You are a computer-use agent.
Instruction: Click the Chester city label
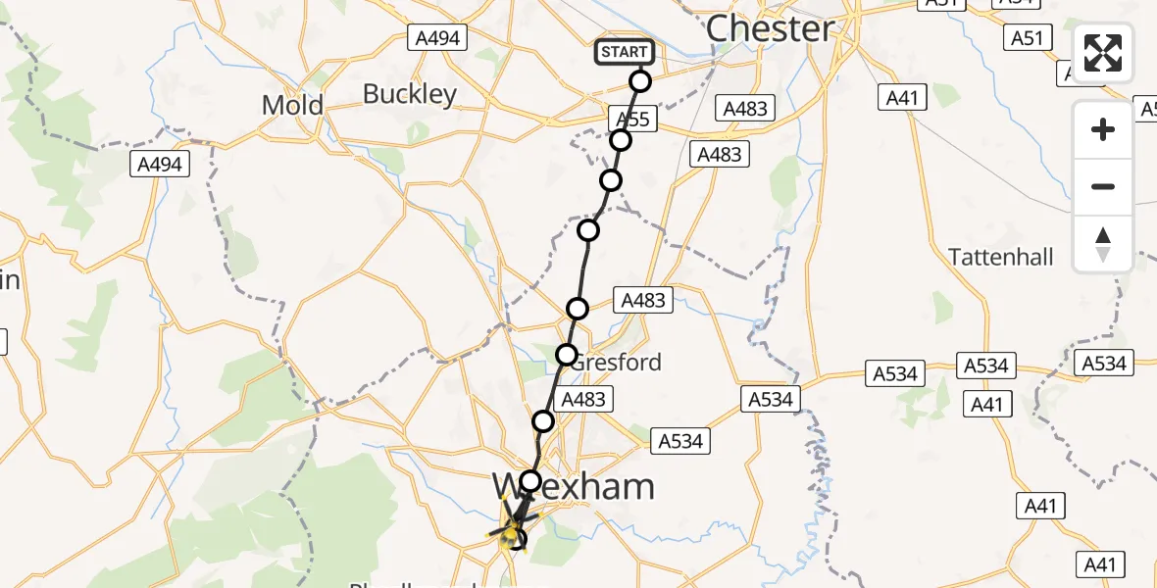(x=770, y=28)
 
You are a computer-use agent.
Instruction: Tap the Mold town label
(x=292, y=105)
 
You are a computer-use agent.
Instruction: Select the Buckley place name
(x=410, y=94)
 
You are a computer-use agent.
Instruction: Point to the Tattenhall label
(x=1001, y=257)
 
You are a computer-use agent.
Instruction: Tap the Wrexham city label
(x=573, y=486)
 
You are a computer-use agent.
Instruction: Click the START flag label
(x=624, y=52)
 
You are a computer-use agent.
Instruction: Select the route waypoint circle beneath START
(x=640, y=81)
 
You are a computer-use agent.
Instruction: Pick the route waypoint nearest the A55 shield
(x=620, y=141)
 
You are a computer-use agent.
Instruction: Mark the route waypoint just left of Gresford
(x=567, y=355)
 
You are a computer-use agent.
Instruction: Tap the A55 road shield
(x=631, y=119)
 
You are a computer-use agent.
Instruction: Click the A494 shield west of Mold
(x=160, y=165)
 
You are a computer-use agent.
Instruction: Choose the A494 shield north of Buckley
(x=437, y=38)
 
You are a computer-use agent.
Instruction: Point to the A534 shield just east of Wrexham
(x=680, y=441)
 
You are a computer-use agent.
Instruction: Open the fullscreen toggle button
(x=1103, y=53)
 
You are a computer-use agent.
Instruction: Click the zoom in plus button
(x=1103, y=129)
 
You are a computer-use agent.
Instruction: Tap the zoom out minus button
(x=1103, y=186)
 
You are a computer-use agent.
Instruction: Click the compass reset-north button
(x=1103, y=244)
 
